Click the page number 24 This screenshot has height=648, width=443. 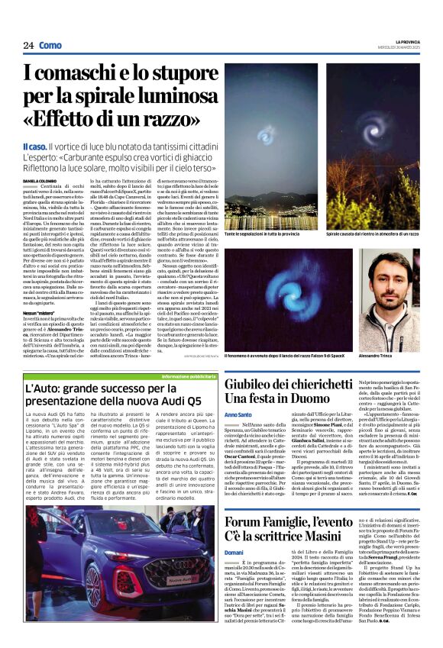click(x=29, y=46)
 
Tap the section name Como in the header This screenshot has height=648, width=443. click(x=50, y=46)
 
